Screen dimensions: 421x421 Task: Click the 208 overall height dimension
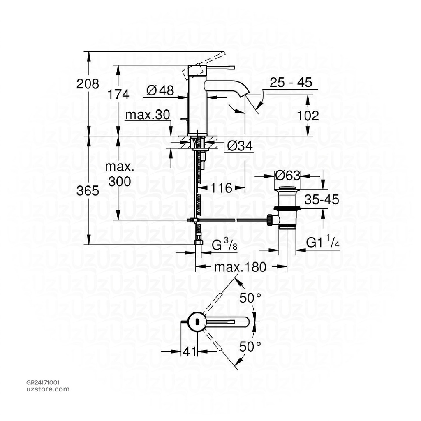88,84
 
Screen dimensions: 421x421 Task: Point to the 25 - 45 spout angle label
291,83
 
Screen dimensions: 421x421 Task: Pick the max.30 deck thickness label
148,115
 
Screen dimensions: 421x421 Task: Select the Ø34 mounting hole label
240,146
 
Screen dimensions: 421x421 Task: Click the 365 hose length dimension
88,191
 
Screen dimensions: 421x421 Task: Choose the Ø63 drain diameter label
287,176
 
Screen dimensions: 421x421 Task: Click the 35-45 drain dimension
322,200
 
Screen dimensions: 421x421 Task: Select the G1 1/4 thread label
323,244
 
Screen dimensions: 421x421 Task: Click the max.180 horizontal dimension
241,267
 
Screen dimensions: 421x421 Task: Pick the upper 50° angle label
251,299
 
